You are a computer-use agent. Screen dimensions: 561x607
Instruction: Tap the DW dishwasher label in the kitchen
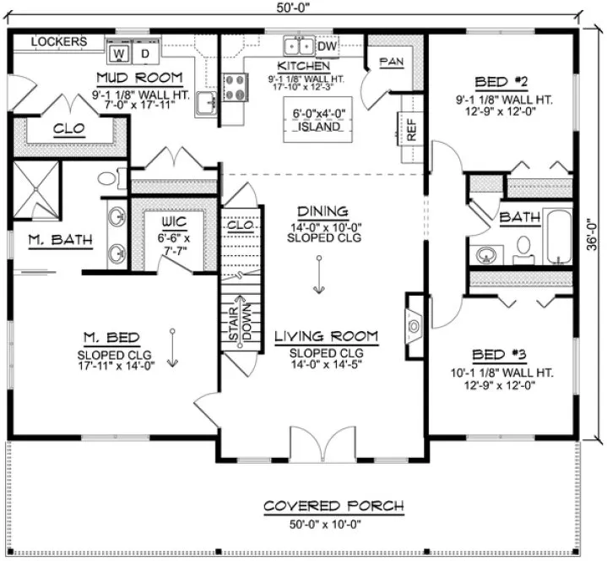328,46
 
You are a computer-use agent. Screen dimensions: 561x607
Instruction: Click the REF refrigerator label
412,132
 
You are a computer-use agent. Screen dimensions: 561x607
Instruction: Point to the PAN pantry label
391,62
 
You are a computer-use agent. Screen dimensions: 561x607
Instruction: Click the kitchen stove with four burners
235,84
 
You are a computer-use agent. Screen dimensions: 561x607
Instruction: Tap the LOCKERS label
59,41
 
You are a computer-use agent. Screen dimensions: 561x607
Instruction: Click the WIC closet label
175,223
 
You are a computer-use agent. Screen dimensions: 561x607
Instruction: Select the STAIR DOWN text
241,324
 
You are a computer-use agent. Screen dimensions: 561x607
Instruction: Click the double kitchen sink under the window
298,46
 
